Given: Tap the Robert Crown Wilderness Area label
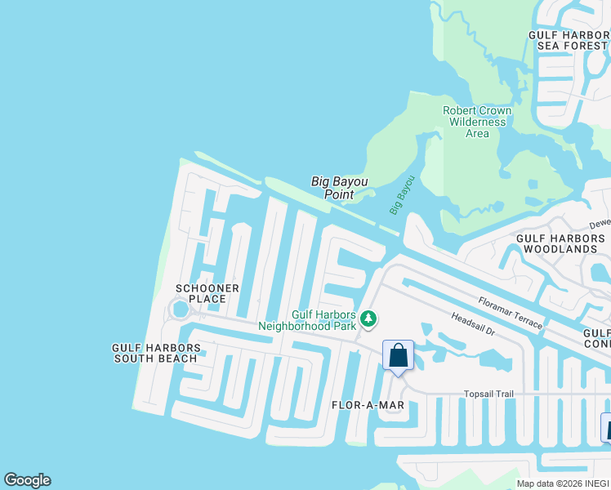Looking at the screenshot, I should pos(477,122).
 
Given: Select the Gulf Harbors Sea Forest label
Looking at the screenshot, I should pos(569,40).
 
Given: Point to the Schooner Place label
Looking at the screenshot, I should pos(207,293).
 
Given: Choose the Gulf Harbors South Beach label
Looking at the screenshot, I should pos(155,353).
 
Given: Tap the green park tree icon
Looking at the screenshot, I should pos(369,318).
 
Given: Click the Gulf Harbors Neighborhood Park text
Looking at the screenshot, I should pos(308,320).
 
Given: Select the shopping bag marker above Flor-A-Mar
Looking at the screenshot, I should pos(398,355).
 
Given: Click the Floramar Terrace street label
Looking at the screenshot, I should pos(511,313).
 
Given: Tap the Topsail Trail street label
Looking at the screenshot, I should pos(489,394).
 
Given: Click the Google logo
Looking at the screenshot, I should pos(27,480).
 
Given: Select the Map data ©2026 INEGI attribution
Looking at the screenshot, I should pos(563,483).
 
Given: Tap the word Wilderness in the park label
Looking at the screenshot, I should pos(477,122).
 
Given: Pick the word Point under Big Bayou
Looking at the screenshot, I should pos(339,194).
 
